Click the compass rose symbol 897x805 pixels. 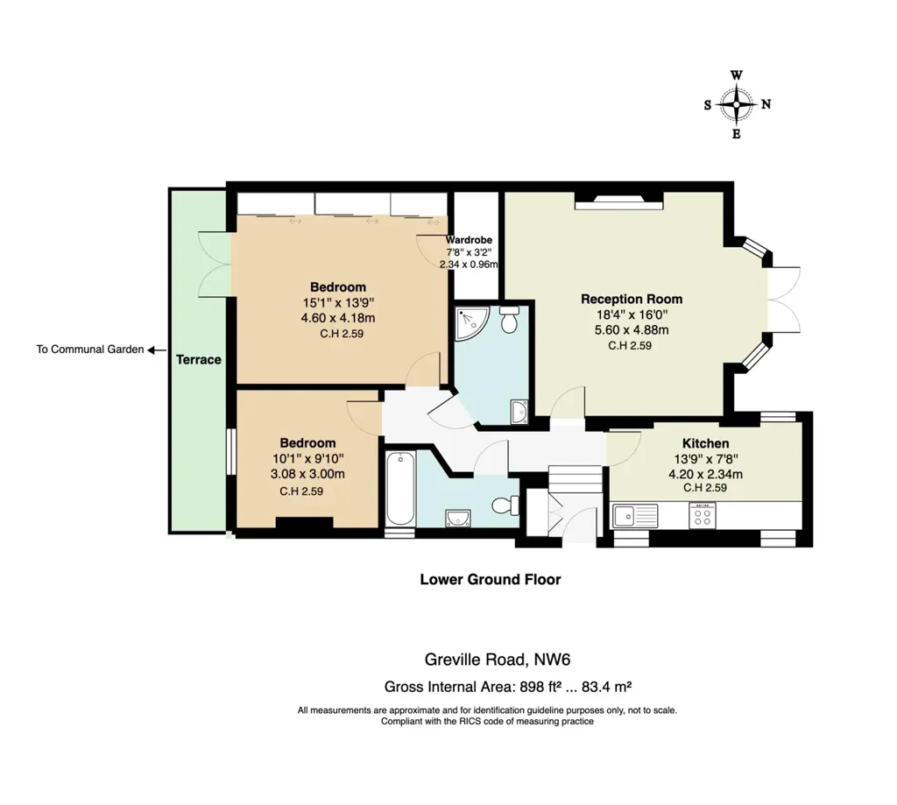click(737, 104)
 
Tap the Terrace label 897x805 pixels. click(199, 360)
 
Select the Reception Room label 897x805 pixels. click(632, 299)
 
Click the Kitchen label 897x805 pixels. click(705, 443)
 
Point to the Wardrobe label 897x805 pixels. click(469, 240)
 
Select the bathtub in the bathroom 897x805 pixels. click(399, 489)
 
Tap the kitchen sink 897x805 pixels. click(635, 515)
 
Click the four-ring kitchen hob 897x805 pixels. click(703, 515)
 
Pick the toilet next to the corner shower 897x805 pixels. click(509, 319)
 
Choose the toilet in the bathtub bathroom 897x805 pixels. click(505, 505)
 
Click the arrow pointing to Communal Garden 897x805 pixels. click(157, 350)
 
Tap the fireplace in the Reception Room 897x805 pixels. click(618, 201)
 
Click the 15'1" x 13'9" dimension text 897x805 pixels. click(338, 303)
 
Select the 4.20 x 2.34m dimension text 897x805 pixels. click(705, 474)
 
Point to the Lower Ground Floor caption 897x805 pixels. click(491, 579)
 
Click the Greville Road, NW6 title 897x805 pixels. click(498, 660)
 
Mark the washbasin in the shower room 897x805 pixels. click(519, 412)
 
